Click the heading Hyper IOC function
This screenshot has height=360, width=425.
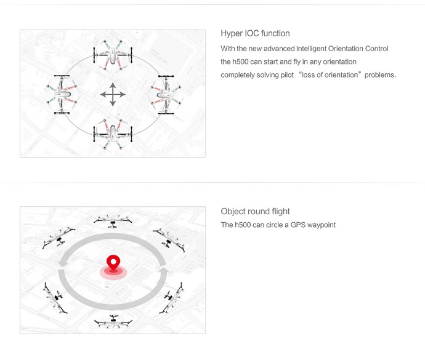(x=255, y=33)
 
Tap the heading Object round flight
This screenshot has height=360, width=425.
(x=255, y=211)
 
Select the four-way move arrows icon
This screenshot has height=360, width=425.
(x=113, y=95)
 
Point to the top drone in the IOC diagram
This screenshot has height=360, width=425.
(x=113, y=55)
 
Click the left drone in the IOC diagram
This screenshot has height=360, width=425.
(x=62, y=95)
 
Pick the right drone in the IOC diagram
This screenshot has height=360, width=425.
(x=166, y=95)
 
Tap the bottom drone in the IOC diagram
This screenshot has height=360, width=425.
(x=113, y=134)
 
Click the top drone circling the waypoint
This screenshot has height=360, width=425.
(x=113, y=220)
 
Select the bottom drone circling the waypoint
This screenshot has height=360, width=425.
(x=113, y=321)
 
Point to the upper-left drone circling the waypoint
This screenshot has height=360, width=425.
(x=59, y=238)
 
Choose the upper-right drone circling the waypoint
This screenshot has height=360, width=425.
(x=169, y=240)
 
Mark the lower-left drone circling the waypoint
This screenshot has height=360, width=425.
(x=55, y=298)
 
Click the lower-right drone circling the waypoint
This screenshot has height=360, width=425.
(x=172, y=298)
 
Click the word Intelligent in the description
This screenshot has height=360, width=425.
(x=311, y=49)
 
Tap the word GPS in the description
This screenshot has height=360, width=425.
(x=298, y=225)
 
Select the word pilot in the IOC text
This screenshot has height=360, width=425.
(x=287, y=74)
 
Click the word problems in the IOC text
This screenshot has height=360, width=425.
(x=380, y=74)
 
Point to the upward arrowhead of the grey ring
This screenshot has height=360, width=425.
(x=163, y=270)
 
